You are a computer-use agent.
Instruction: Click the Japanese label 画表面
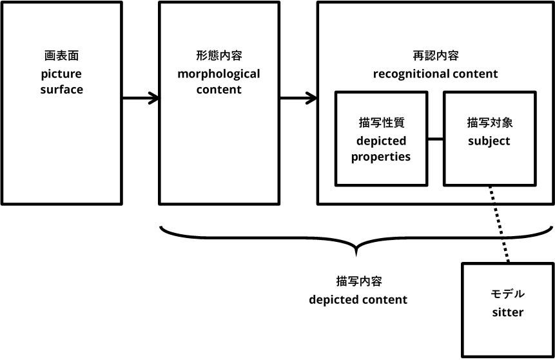tap(61, 56)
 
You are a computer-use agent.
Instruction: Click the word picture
tap(61, 74)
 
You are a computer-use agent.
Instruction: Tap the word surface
tap(61, 90)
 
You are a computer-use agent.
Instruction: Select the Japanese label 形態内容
tap(219, 56)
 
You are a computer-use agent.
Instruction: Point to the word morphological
tap(219, 74)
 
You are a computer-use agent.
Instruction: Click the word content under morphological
tap(219, 90)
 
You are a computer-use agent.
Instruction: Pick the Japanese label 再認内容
tap(435, 56)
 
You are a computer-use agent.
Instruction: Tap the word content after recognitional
tap(476, 74)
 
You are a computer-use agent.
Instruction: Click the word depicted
tap(381, 141)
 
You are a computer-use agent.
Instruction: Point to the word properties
tap(381, 157)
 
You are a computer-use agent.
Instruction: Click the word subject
tap(489, 141)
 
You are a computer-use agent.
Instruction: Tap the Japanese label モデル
tap(508, 294)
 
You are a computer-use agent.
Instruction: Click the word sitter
tap(508, 312)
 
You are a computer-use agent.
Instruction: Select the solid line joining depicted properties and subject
tap(435, 139)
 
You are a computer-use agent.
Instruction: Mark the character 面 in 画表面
tap(77, 56)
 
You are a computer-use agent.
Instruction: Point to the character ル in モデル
tap(520, 294)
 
